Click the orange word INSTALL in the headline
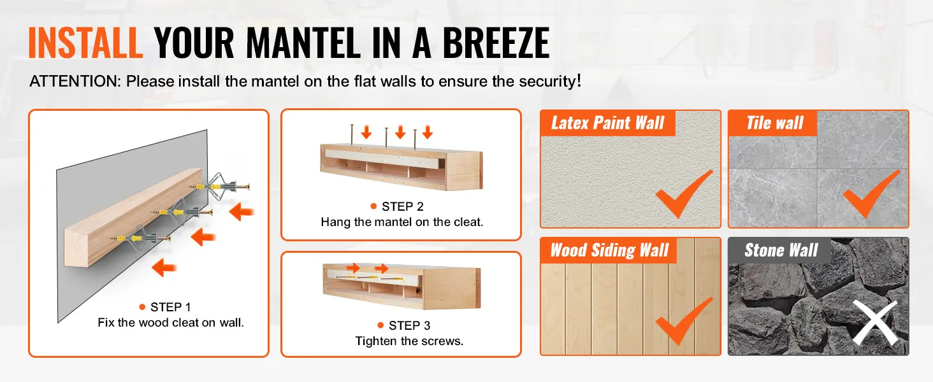pos(85,43)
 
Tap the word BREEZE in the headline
pos(496,43)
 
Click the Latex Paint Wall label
pos(608,123)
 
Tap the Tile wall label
pos(775,123)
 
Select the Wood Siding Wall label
pos(609,250)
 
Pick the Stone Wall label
pos(781,250)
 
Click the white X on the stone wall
pos(874,323)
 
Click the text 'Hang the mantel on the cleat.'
pos(402,222)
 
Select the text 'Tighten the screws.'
pos(409,341)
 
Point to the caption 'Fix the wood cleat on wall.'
pos(171,323)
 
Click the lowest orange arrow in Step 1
pos(164,267)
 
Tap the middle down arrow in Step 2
pos(400,132)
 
